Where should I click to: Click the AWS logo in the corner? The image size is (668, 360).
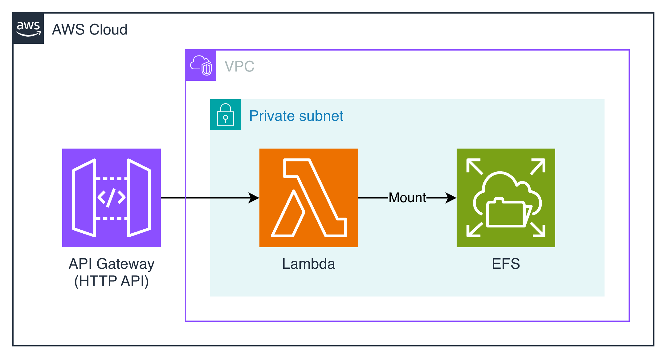[28, 28]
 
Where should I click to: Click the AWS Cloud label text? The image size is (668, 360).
[90, 30]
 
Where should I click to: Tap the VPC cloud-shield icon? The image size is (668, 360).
[201, 65]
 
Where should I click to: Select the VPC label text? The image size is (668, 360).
[239, 66]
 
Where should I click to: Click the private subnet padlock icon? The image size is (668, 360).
[226, 115]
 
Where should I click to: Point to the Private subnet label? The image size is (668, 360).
[296, 116]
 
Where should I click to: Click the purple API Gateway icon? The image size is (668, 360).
[112, 198]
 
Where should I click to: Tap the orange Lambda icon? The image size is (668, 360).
[309, 198]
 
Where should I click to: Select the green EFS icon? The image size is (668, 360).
[506, 198]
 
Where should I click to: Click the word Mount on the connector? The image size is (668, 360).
[407, 198]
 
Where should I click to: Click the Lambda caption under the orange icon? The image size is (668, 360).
[308, 264]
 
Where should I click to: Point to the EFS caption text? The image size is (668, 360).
[506, 264]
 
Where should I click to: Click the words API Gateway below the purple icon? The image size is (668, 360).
[112, 264]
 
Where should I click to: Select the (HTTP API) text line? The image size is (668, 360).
[112, 281]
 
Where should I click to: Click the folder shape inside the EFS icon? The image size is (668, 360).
[506, 213]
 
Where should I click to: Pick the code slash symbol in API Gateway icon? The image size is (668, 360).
[111, 198]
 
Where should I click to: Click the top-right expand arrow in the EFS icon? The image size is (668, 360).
[538, 166]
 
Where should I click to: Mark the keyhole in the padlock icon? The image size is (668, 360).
[226, 118]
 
